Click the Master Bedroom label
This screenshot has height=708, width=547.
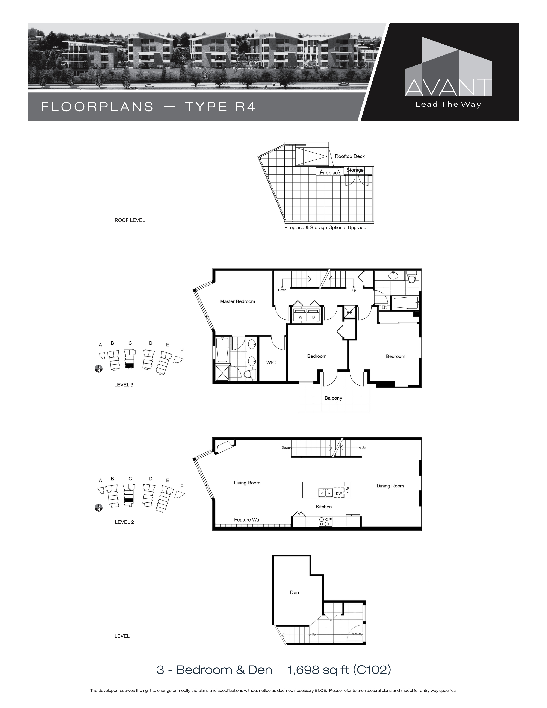(x=237, y=301)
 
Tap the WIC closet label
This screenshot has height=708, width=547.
(x=271, y=362)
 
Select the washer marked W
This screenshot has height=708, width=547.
(x=300, y=317)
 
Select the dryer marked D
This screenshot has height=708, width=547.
(x=313, y=317)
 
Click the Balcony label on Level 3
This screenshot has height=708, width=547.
(x=333, y=398)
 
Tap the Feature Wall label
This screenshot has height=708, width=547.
(x=248, y=520)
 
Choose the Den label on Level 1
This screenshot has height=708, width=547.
(x=294, y=592)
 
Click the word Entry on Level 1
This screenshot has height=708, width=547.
(x=357, y=634)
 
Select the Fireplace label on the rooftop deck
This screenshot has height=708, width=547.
(x=330, y=173)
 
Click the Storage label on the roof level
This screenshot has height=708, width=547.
(x=355, y=170)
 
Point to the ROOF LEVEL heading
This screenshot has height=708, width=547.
(x=130, y=220)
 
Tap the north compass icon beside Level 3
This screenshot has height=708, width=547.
(x=98, y=369)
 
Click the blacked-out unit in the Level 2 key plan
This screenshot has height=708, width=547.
(x=129, y=500)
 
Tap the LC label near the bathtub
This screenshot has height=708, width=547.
(x=384, y=307)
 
